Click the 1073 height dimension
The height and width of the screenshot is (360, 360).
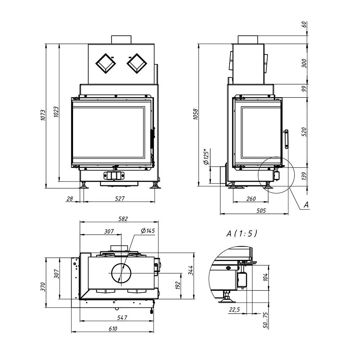pos(43,115)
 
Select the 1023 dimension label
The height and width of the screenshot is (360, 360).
pos(56,112)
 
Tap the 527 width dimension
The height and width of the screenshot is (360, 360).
pos(120,198)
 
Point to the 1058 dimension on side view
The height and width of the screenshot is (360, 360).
pos(195,114)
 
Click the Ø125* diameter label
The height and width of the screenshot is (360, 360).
pos(206,157)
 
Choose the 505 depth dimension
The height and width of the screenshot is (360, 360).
pos(261,211)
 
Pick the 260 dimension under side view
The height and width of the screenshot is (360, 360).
pos(251,199)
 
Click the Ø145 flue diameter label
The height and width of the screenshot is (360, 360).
pos(148,231)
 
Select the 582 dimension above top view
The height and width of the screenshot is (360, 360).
pos(123,219)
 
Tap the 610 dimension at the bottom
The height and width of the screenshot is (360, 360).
pos(113,329)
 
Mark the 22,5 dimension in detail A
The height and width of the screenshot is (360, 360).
pos(234,310)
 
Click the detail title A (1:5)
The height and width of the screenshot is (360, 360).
pos(242,234)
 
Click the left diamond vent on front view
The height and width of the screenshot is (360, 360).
pos(105,64)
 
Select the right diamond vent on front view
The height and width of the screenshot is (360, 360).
pos(137,64)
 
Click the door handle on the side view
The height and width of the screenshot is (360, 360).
pos(286,139)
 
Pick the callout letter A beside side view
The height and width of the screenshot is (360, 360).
pos(306,205)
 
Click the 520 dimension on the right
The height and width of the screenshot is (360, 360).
pos(304,132)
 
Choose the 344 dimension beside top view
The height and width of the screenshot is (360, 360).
pos(191,270)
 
